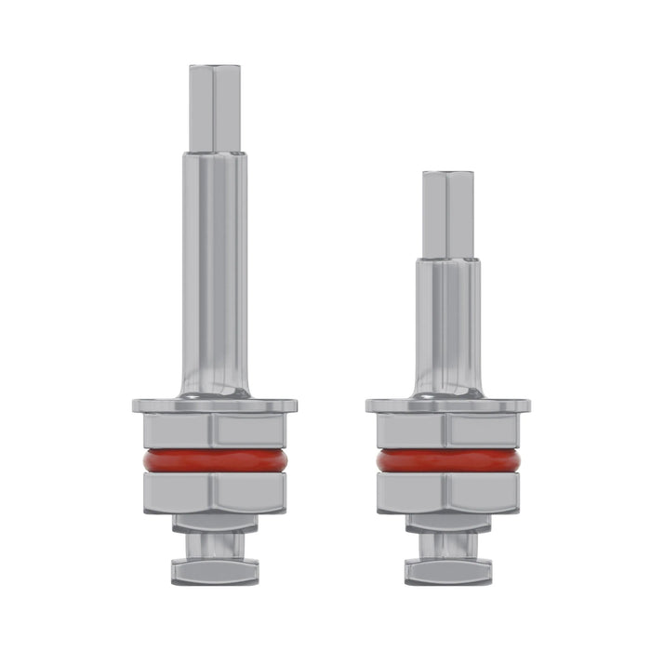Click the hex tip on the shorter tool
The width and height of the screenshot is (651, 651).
(x=448, y=214)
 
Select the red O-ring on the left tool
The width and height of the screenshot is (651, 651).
(x=215, y=461)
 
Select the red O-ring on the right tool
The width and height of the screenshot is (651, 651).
(x=448, y=461)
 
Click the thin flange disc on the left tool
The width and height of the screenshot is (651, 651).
(x=215, y=405)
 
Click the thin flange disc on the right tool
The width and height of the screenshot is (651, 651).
(x=448, y=405)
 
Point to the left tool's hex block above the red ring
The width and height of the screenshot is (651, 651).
(x=215, y=431)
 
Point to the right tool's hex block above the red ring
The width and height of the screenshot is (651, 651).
(x=448, y=431)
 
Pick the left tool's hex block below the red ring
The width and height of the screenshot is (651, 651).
(x=215, y=493)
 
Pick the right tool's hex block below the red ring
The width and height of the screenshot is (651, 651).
(x=448, y=493)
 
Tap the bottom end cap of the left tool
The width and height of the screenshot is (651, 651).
(x=215, y=570)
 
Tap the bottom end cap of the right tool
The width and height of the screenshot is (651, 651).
(x=448, y=570)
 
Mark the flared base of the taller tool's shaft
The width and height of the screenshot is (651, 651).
(x=215, y=386)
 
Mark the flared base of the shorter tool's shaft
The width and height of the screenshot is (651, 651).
(x=448, y=386)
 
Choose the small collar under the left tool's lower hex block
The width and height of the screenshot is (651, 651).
(x=215, y=524)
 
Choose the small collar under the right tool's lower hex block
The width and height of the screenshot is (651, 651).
(x=448, y=524)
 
